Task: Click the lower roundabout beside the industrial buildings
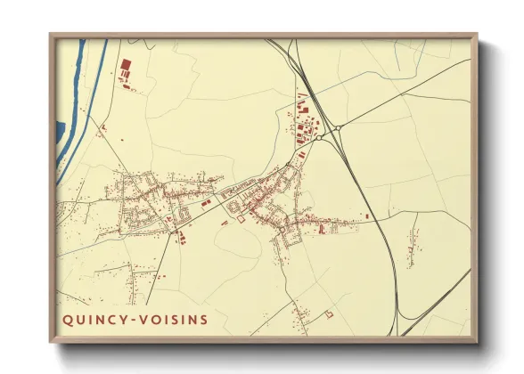[318, 138]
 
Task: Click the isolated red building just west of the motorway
[365, 216]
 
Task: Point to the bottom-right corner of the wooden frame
[477, 343]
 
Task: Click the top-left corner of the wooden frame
[50, 35]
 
